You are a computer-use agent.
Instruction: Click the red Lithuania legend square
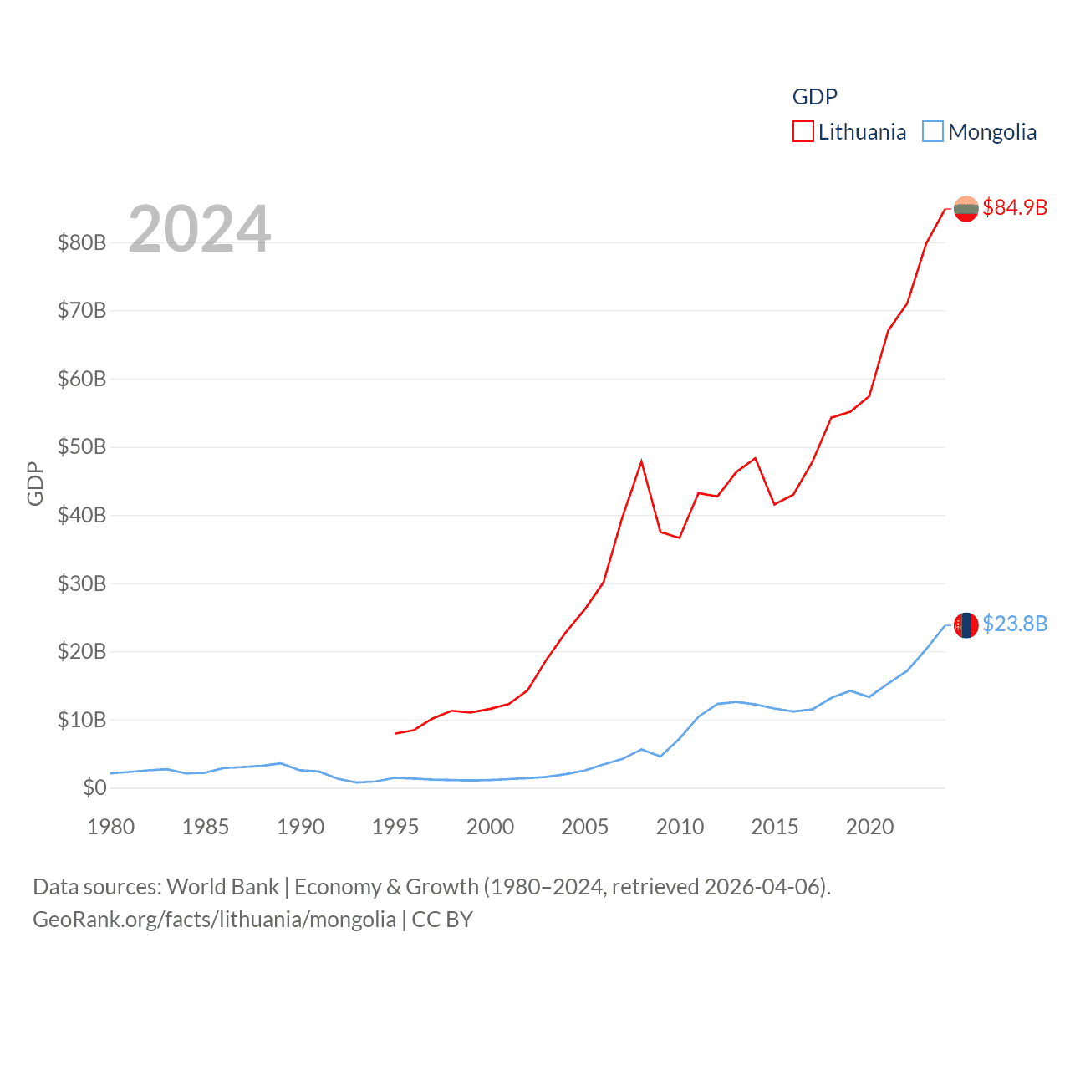pyautogui.click(x=802, y=132)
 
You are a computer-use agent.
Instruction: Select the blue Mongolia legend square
pyautogui.click(x=932, y=132)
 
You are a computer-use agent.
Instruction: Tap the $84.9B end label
pyautogui.click(x=1015, y=207)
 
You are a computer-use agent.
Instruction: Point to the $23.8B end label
pyautogui.click(x=1015, y=624)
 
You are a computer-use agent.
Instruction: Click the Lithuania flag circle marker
pyautogui.click(x=966, y=208)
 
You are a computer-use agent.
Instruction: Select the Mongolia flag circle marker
pyautogui.click(x=966, y=624)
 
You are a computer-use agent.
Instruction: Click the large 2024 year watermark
pyautogui.click(x=199, y=228)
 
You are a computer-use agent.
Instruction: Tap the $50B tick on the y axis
pyautogui.click(x=82, y=446)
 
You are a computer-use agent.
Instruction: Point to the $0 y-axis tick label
pyautogui.click(x=94, y=787)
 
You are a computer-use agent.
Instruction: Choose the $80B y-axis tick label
pyautogui.click(x=82, y=242)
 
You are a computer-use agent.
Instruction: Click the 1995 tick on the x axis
pyautogui.click(x=395, y=827)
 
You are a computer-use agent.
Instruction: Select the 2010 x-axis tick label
pyautogui.click(x=680, y=827)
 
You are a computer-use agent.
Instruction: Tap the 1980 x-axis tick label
pyautogui.click(x=111, y=827)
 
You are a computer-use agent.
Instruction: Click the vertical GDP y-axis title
pyautogui.click(x=35, y=483)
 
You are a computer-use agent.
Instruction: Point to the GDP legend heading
pyautogui.click(x=814, y=97)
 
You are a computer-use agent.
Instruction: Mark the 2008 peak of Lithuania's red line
pyautogui.click(x=641, y=461)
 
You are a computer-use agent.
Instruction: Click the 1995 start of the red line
pyautogui.click(x=395, y=733)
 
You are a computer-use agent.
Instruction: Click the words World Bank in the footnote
pyautogui.click(x=223, y=886)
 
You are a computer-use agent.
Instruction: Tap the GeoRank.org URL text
pyautogui.click(x=214, y=920)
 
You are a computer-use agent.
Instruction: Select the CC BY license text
pyautogui.click(x=442, y=920)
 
